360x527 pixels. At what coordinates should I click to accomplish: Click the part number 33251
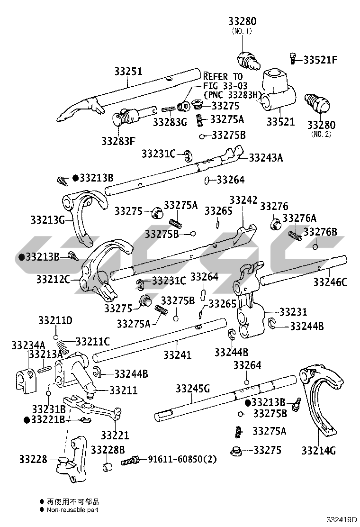tap(128, 72)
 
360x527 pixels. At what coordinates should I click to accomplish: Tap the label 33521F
tap(320, 60)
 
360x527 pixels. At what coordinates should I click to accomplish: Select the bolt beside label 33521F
tap(292, 59)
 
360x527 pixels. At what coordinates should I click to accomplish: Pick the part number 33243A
tap(265, 157)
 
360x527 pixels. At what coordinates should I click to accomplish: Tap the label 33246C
tap(330, 283)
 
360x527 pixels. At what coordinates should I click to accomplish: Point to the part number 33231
tap(293, 312)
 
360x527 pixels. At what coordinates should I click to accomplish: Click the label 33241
tap(178, 354)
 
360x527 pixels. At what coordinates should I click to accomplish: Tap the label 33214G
tap(318, 450)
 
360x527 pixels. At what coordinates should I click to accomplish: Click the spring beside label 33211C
tap(65, 345)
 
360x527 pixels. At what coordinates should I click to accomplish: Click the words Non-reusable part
tap(72, 509)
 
